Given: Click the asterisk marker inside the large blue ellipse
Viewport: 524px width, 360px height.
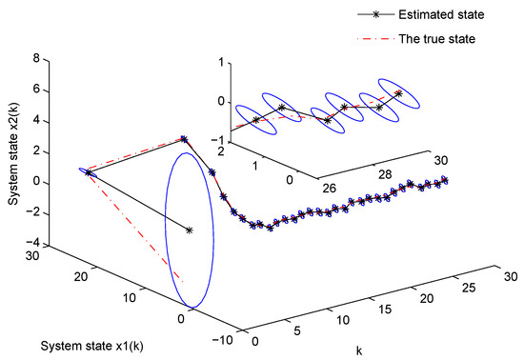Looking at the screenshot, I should coord(190,230).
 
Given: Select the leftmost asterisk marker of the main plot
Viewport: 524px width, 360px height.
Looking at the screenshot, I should coord(88,172).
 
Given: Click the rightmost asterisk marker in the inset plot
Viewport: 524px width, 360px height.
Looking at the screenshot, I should coord(398,93).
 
